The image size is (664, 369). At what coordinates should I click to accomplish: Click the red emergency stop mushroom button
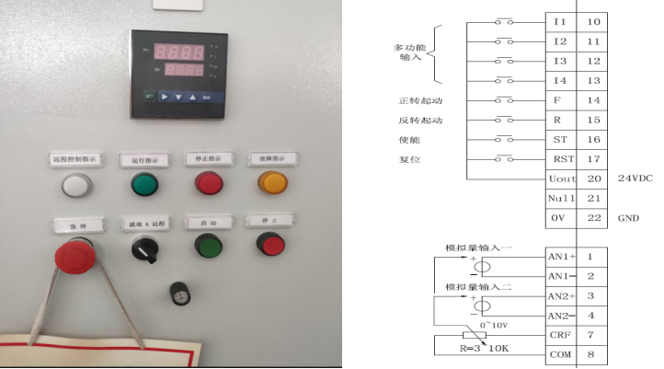[x=73, y=252]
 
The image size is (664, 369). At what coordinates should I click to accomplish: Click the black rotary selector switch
[x=143, y=248]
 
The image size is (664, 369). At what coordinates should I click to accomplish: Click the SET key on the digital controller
[x=148, y=96]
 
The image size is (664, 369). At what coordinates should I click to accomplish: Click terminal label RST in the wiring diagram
[x=559, y=159]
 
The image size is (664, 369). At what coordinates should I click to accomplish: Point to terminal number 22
[x=593, y=218]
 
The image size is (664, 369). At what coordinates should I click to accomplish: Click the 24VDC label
[x=635, y=179]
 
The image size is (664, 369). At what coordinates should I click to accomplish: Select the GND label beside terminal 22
[x=628, y=218]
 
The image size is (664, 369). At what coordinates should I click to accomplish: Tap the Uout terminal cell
[x=560, y=179]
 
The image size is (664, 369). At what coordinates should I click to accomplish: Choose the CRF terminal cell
[x=559, y=335]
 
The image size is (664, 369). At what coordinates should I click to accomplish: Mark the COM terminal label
[x=559, y=354]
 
